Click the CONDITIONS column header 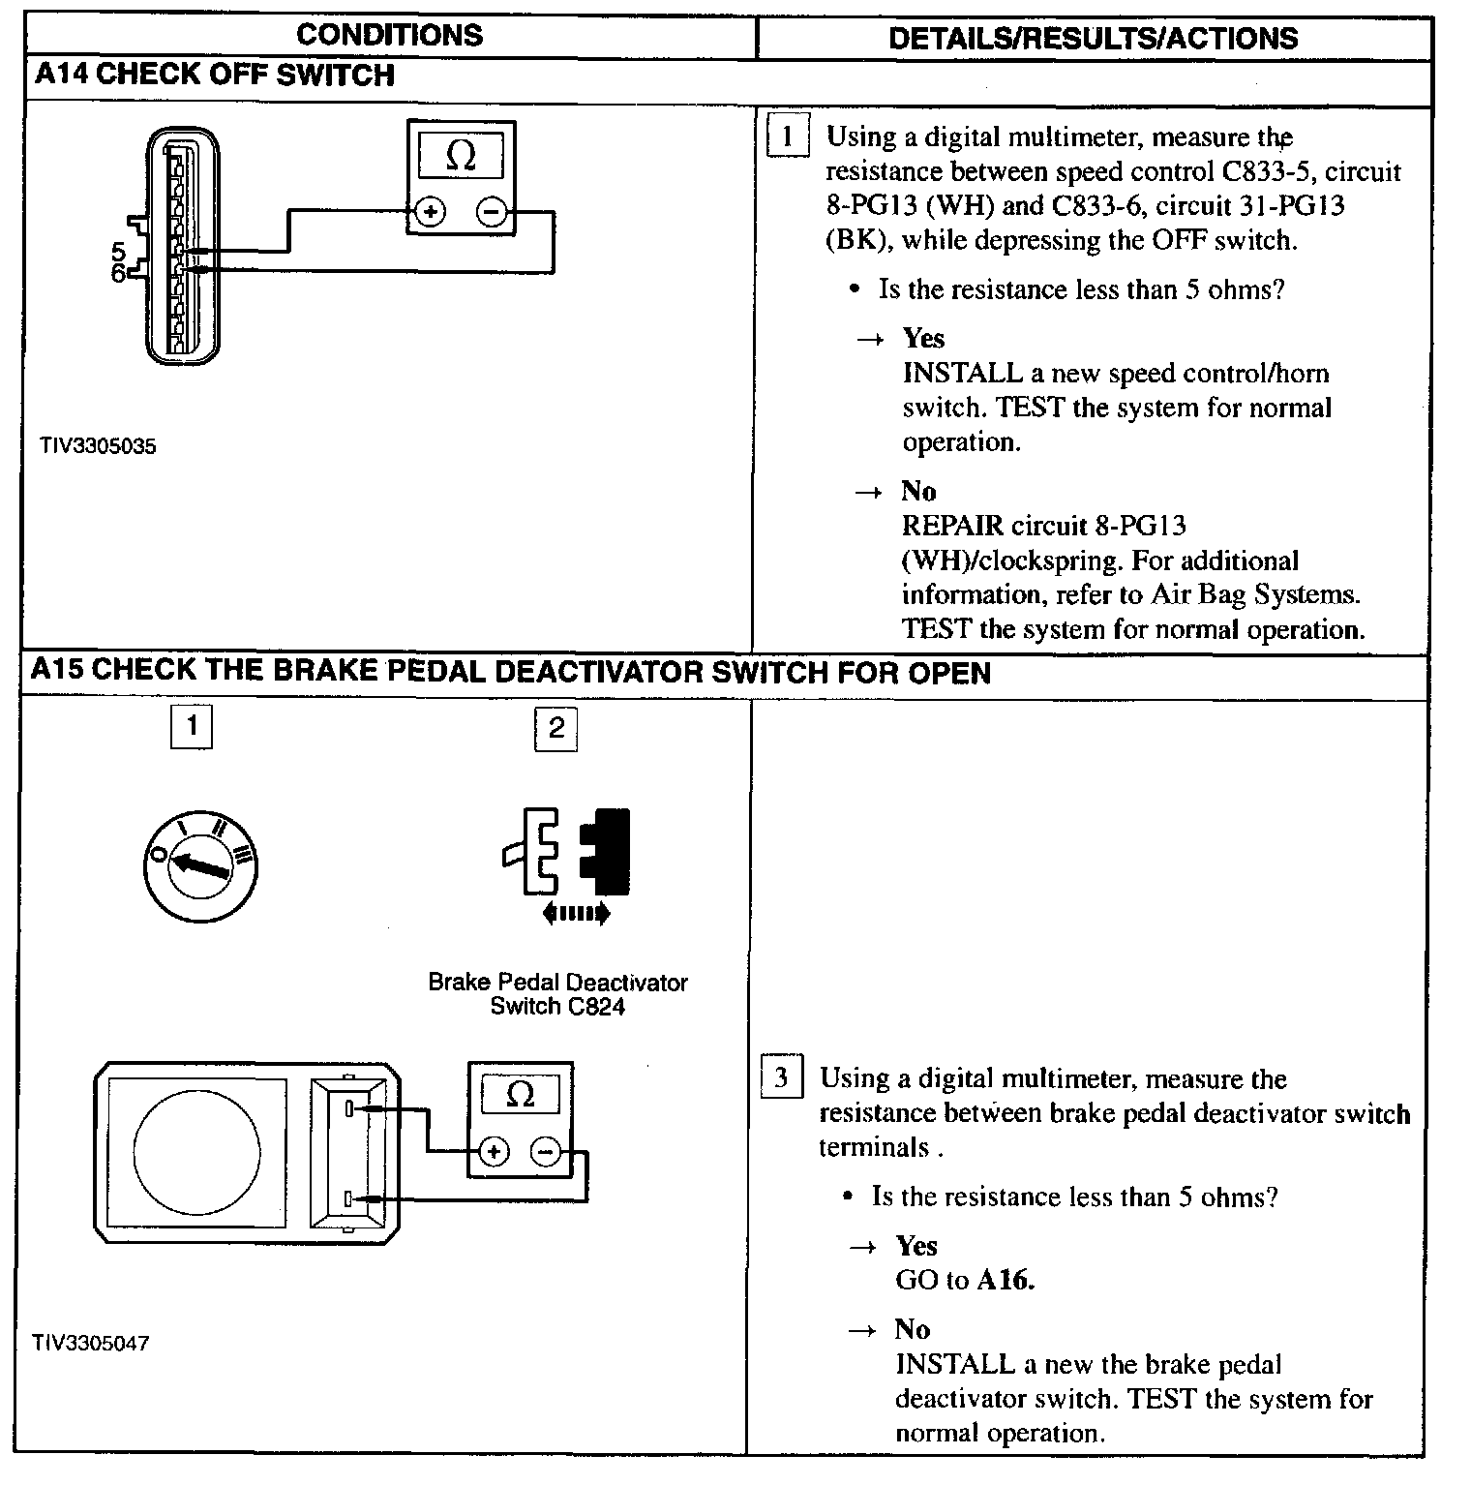pos(389,36)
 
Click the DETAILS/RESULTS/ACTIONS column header pos(1093,38)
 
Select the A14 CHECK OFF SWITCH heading pos(214,76)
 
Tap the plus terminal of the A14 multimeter pos(429,211)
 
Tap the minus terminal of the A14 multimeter pos(492,211)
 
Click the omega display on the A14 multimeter pos(461,156)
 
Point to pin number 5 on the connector pos(119,252)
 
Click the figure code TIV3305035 pos(98,446)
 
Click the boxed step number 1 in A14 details pos(787,136)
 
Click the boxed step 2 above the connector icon pos(555,728)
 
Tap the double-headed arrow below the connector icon pos(576,912)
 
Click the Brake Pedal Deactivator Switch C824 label pos(557,993)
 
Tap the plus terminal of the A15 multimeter pos(494,1151)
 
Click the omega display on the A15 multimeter pos(520,1095)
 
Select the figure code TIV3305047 pos(91,1343)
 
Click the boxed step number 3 pos(781,1077)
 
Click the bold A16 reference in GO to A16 pos(1006,1280)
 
